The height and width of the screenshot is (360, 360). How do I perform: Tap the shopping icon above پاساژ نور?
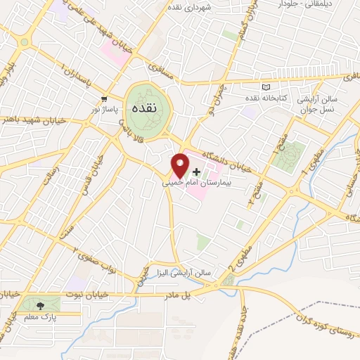(105, 99)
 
